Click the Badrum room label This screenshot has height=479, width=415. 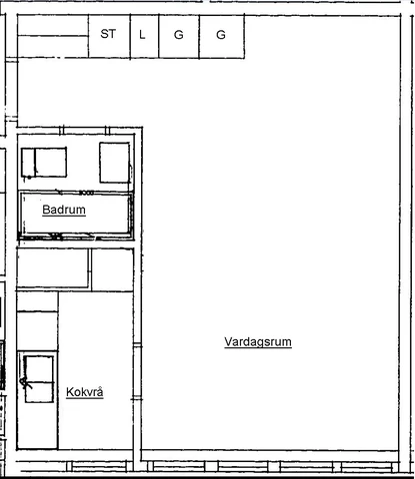click(64, 210)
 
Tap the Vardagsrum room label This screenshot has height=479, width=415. click(258, 342)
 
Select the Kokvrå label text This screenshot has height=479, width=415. click(85, 392)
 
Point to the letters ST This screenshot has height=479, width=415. click(108, 34)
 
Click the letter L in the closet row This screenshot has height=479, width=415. click(142, 35)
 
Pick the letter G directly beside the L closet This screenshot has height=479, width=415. click(179, 35)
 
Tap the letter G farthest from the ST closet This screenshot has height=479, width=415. click(221, 35)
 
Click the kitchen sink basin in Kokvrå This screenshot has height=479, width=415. click(39, 379)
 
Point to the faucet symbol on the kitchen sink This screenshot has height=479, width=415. click(25, 383)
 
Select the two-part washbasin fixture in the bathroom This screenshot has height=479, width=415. click(44, 163)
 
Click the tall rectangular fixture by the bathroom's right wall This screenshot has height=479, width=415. click(115, 163)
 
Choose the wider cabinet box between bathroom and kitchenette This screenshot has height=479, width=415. click(53, 268)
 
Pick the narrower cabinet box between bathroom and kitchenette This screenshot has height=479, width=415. click(112, 269)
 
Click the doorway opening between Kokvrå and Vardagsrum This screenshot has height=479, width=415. click(137, 372)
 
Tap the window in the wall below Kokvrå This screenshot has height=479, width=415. click(97, 466)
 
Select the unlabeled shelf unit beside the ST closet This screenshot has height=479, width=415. click(53, 37)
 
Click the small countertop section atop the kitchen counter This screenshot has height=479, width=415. click(37, 301)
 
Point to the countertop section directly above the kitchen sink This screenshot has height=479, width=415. click(37, 331)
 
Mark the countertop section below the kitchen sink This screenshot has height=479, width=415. click(37, 427)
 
